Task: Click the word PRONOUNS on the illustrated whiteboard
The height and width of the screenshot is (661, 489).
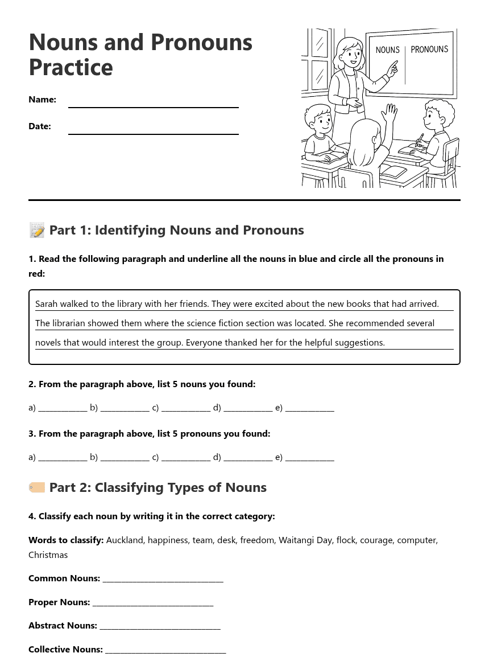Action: pos(429,50)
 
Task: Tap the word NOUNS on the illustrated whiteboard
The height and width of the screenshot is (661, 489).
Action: pos(388,50)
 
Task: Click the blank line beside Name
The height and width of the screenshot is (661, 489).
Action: pos(154,103)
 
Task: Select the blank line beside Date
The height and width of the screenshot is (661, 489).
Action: pos(154,130)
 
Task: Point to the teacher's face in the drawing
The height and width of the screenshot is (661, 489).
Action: pos(351,55)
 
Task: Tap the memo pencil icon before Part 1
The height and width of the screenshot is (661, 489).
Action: pos(37,231)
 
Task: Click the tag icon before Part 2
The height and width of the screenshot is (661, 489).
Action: pos(37,487)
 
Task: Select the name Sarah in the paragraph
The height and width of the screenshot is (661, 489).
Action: pos(47,304)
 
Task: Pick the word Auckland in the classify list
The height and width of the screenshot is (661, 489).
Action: pos(125,540)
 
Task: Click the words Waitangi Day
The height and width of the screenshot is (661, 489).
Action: pos(305,540)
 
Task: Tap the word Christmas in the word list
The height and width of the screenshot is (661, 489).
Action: pos(48,555)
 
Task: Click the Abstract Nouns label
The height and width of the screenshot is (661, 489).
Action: pos(63,626)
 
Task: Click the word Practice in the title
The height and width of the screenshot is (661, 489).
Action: pos(71,68)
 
